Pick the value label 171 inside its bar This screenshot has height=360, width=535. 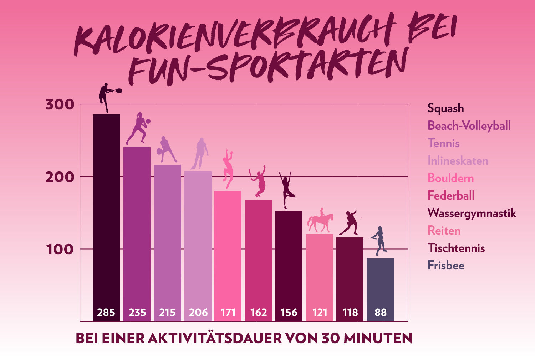[x=228, y=313]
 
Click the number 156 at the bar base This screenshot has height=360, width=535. [x=289, y=313]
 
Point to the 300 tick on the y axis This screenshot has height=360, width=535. [x=60, y=105]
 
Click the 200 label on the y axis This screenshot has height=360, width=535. [x=60, y=177]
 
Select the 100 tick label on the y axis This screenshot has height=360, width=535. [x=60, y=250]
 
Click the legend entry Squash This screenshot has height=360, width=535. [x=446, y=108]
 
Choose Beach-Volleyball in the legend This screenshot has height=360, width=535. [x=469, y=126]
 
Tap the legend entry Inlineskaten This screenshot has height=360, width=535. [x=458, y=161]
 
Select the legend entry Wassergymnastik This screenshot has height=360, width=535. [x=472, y=213]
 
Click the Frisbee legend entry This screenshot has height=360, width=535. [x=446, y=266]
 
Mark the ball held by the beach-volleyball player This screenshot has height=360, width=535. [x=148, y=122]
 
